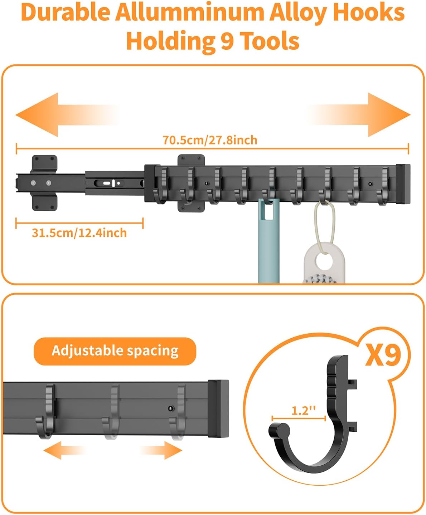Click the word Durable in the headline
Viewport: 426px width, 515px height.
[66, 12]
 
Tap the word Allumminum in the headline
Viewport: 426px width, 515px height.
[190, 12]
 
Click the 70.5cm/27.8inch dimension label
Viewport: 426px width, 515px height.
[210, 140]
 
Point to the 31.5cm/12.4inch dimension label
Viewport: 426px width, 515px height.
[79, 233]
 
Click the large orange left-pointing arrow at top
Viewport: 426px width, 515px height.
[67, 115]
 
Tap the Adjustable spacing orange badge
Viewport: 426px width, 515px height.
[115, 351]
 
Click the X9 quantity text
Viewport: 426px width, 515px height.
[383, 355]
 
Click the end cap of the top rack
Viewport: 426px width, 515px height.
[403, 184]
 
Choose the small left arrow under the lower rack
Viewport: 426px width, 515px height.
[65, 450]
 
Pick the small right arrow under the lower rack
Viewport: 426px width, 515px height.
[161, 450]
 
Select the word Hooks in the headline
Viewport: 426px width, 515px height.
[369, 12]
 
